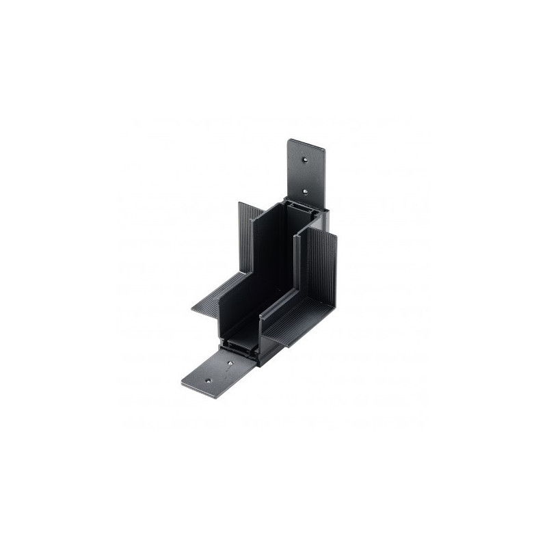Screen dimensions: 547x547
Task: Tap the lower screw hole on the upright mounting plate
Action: coord(306,194)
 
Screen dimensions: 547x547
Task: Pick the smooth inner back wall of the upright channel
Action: coord(277,260)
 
